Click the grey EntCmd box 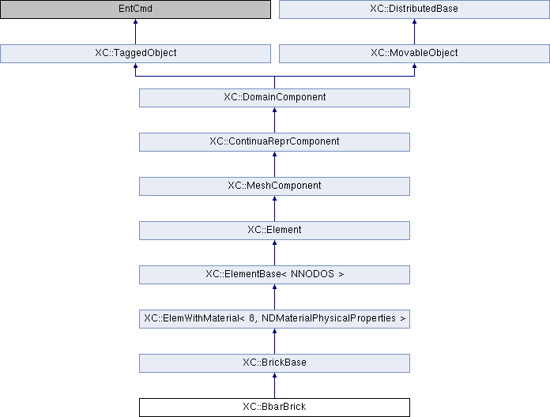135,9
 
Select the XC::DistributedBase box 414,9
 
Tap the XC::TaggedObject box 135,54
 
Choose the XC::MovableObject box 414,54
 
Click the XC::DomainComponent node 274,98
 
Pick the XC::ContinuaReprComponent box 274,142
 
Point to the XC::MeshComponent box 274,186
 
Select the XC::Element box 274,231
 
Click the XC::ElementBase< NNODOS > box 274,275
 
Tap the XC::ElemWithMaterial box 274,319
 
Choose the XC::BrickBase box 274,363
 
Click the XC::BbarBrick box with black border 274,408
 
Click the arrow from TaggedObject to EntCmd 135,32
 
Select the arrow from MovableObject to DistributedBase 414,32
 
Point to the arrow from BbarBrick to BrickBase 274,385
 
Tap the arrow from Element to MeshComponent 274,208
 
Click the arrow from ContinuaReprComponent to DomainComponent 274,120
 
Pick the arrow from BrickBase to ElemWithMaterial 274,341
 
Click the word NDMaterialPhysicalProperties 329,318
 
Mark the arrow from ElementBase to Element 274,253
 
